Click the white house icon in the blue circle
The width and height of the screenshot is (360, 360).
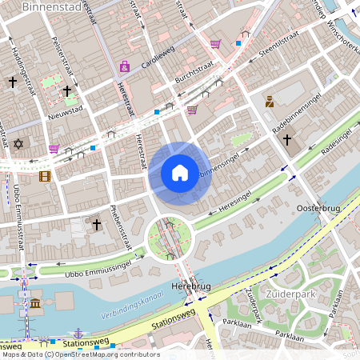click(x=180, y=173)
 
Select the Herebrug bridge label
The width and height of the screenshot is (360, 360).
click(x=190, y=286)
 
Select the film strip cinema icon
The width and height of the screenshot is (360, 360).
click(x=45, y=175)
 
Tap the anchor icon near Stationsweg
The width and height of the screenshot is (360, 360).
click(x=78, y=331)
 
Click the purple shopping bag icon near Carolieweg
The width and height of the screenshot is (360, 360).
click(x=124, y=66)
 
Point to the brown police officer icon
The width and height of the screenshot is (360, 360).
click(x=270, y=101)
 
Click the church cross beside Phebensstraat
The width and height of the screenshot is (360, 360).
click(x=96, y=226)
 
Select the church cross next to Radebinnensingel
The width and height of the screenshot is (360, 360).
click(x=286, y=140)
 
